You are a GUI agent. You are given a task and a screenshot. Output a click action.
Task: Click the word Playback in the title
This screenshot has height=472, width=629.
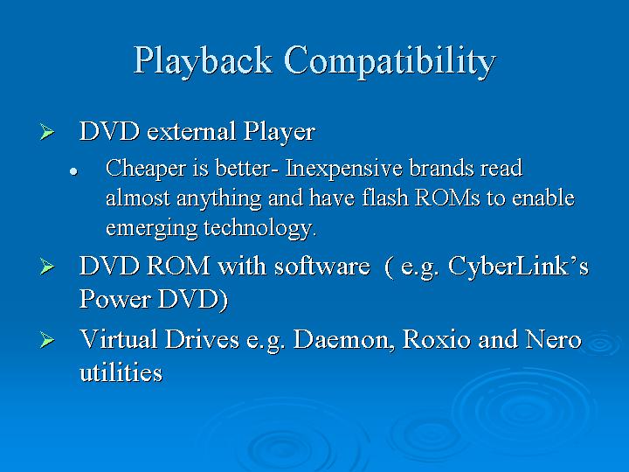click(203, 60)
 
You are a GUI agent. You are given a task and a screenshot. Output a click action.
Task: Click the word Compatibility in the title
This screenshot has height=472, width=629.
click(390, 60)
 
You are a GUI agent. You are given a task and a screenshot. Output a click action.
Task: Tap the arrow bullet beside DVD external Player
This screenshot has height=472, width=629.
click(47, 132)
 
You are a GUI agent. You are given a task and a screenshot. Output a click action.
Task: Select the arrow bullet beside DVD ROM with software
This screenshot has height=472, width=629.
click(47, 267)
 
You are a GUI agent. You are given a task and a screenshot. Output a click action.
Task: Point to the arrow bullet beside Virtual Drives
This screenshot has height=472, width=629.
click(47, 340)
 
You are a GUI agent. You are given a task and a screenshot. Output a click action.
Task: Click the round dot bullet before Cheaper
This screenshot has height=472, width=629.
click(73, 171)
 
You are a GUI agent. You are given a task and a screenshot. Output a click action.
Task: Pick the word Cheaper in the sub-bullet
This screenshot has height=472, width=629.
click(146, 169)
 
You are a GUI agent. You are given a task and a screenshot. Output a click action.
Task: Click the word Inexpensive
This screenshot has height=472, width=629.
click(343, 169)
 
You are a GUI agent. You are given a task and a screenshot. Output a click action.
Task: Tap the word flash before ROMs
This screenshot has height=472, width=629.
click(385, 198)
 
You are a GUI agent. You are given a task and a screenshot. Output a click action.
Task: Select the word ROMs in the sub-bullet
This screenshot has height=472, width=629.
click(447, 198)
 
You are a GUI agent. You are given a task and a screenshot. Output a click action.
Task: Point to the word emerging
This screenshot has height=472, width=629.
click(151, 228)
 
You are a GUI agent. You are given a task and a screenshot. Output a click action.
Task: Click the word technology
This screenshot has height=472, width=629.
click(260, 228)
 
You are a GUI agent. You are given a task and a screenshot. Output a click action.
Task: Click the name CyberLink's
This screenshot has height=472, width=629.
click(518, 266)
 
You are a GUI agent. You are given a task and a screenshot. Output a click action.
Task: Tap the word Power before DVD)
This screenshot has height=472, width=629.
click(115, 300)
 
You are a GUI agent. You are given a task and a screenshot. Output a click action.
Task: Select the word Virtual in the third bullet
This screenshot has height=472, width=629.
click(118, 339)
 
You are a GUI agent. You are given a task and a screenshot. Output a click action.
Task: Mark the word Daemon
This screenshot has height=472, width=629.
click(342, 340)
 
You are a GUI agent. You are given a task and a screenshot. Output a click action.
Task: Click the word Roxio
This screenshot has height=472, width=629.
click(437, 339)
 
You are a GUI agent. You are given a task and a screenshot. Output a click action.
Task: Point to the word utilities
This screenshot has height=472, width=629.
click(121, 372)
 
